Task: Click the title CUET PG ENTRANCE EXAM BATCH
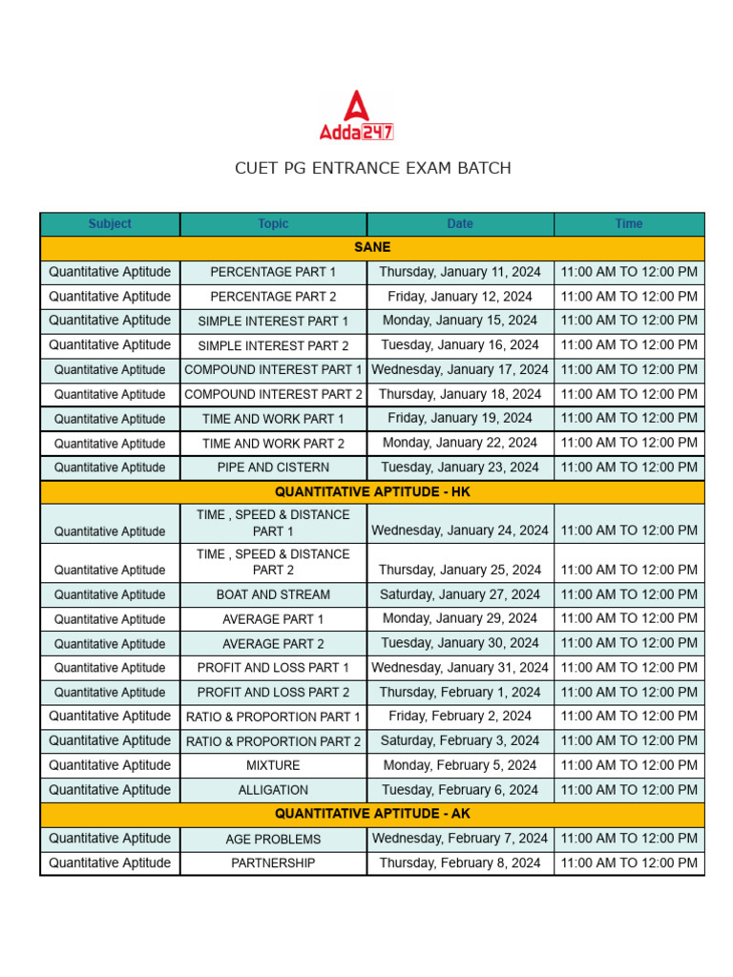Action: point(372,169)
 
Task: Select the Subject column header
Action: point(110,224)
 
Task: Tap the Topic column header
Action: point(273,224)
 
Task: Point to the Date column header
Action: point(460,224)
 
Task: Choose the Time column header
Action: point(629,224)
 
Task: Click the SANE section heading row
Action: point(372,248)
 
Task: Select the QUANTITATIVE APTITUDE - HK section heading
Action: point(372,491)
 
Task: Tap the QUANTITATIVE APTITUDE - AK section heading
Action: point(372,814)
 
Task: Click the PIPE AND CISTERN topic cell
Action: point(273,468)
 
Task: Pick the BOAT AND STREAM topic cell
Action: point(273,594)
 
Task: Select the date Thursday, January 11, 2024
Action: point(460,272)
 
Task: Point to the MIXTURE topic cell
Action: point(273,765)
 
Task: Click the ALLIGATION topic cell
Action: point(273,790)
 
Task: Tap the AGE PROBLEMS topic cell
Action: point(273,840)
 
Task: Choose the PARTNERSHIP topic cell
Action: point(273,863)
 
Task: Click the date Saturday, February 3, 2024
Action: point(460,740)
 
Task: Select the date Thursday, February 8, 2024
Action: point(460,863)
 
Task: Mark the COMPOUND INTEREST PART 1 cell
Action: point(273,369)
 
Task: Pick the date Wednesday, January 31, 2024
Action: point(460,668)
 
